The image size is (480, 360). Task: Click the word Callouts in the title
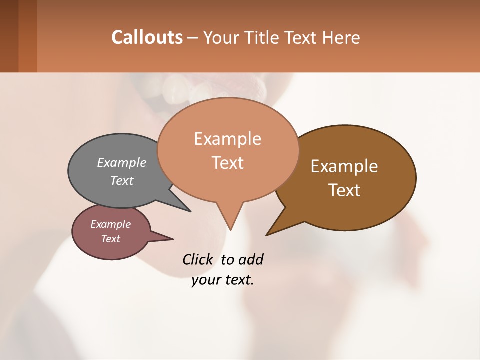click(147, 37)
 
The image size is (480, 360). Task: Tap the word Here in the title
click(341, 37)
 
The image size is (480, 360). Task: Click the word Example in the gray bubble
click(122, 162)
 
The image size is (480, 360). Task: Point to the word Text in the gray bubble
click(122, 180)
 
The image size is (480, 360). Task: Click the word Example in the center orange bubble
click(227, 139)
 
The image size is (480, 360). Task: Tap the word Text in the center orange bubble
click(228, 163)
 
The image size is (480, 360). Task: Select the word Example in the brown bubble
click(344, 166)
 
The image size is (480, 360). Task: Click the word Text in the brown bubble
click(345, 190)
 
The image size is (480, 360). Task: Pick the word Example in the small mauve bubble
click(110, 224)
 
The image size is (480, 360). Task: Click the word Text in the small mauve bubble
click(111, 239)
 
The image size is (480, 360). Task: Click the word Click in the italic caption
click(198, 259)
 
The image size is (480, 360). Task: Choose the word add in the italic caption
click(251, 259)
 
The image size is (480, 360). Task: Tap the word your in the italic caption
click(205, 280)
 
